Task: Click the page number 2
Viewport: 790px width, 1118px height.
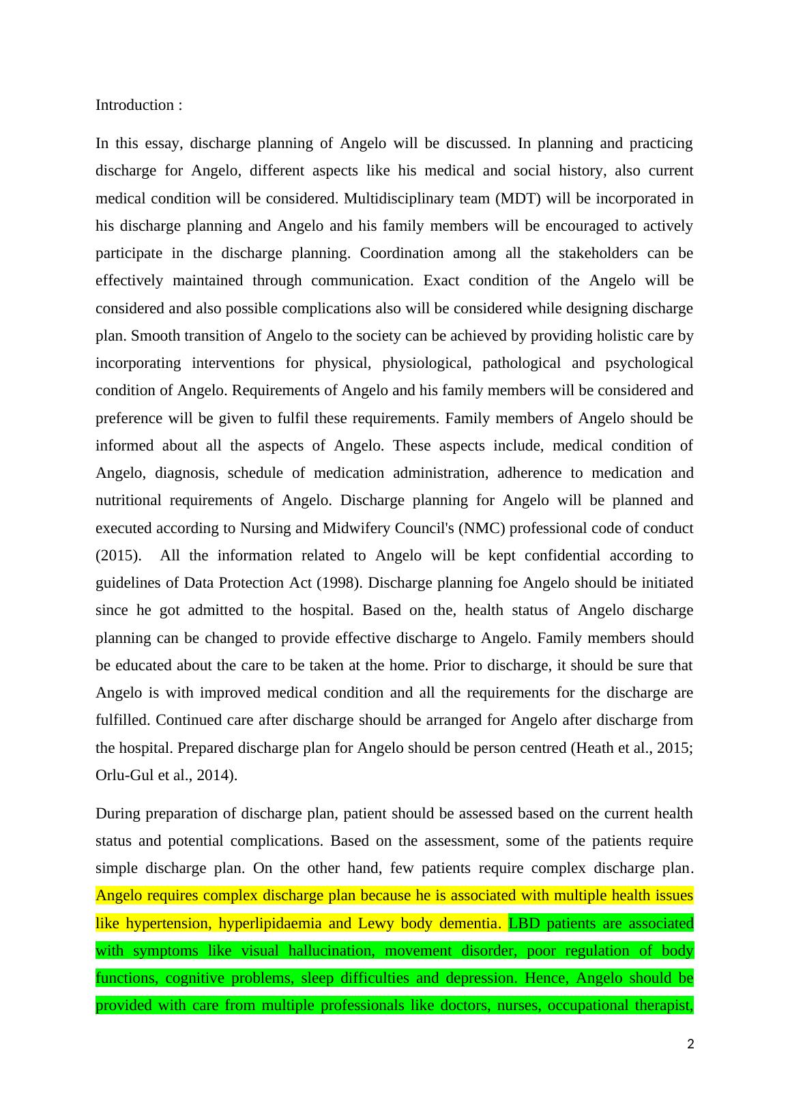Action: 690,1044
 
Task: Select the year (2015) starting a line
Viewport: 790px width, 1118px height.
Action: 115,556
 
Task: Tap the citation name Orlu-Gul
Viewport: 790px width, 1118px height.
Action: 124,775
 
